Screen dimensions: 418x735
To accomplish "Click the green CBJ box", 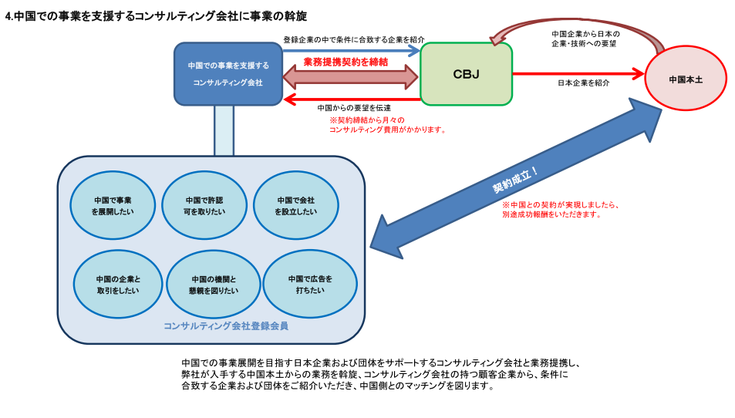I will point(466,74).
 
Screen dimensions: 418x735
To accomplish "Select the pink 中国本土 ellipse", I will point(685,78).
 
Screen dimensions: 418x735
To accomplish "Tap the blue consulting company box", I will point(228,73).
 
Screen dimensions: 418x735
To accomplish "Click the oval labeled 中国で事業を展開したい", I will point(113,204).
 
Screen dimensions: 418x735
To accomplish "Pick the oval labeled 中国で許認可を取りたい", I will point(204,204).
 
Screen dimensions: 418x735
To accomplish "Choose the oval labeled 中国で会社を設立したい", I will point(296,204).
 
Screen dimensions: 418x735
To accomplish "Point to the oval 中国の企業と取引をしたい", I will point(118,284).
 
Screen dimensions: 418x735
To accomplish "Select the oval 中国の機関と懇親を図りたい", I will point(214,284).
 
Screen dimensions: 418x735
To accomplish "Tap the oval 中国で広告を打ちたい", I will point(309,284).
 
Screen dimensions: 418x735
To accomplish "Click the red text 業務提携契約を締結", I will point(345,62).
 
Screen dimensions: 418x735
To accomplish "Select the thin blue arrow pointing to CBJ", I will point(351,50).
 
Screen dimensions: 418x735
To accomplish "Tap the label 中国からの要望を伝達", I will point(354,108).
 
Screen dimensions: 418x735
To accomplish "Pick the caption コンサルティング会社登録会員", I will point(225,326).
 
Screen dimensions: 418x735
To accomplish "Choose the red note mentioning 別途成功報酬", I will point(561,210).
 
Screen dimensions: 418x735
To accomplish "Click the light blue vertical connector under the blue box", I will point(224,130).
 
